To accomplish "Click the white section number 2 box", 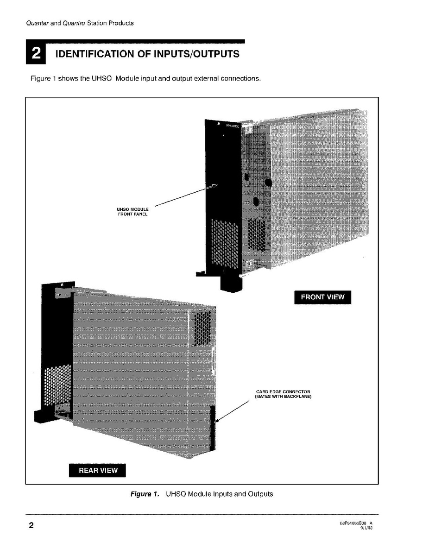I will [35, 54].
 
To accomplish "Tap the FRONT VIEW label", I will [322, 297].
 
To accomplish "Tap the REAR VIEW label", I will [98, 470].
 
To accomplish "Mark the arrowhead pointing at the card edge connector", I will [217, 420].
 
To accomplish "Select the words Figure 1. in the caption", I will [145, 494].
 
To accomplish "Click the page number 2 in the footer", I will [31, 525].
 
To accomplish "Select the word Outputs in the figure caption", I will [259, 494].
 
